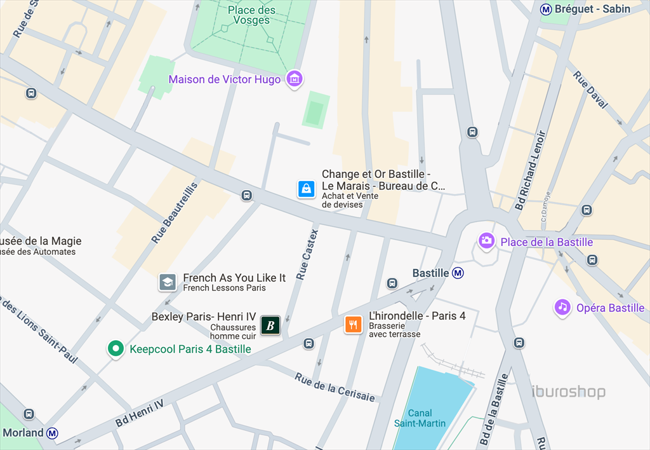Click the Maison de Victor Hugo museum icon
[295, 79]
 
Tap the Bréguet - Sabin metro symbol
[545, 9]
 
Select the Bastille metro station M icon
[458, 273]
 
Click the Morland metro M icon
[53, 433]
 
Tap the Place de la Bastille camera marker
[487, 241]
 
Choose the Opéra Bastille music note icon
[562, 307]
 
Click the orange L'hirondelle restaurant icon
[353, 324]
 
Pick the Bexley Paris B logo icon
[270, 325]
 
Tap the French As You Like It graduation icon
[168, 282]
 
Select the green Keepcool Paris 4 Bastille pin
[115, 348]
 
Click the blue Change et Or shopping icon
[307, 189]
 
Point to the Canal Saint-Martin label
[420, 418]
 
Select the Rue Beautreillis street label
[175, 212]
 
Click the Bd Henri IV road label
[140, 413]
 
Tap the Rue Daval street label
[590, 93]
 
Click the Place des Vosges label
[252, 15]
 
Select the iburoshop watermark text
[568, 392]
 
